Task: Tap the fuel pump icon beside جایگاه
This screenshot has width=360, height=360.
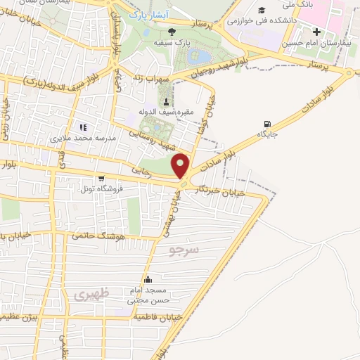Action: pyautogui.click(x=266, y=124)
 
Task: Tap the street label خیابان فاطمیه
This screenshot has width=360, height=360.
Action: pyautogui.click(x=159, y=318)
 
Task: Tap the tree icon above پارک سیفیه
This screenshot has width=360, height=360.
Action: pyautogui.click(x=173, y=31)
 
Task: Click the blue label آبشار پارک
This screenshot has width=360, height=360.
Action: pyautogui.click(x=147, y=14)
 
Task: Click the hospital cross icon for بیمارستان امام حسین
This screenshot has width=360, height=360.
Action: pyautogui.click(x=316, y=32)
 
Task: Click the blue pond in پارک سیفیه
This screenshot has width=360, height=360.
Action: pyautogui.click(x=200, y=56)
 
